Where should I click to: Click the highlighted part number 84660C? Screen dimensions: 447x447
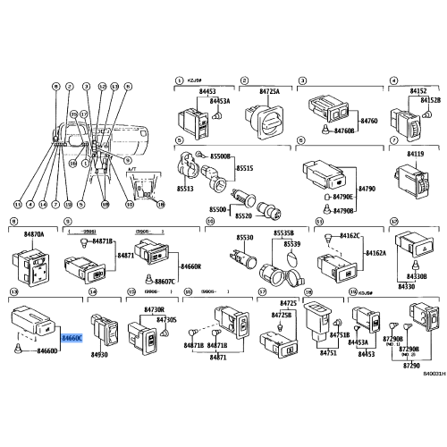(72, 340)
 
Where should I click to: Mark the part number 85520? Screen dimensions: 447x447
(242, 216)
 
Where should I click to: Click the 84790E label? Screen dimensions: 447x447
(343, 198)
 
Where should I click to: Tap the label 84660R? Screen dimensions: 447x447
(190, 266)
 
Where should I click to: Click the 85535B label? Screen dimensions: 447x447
(284, 232)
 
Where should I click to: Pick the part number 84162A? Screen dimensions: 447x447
(374, 254)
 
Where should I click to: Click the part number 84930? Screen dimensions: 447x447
(99, 355)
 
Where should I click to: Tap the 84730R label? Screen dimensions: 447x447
(155, 308)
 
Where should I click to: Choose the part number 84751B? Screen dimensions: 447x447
(340, 334)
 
